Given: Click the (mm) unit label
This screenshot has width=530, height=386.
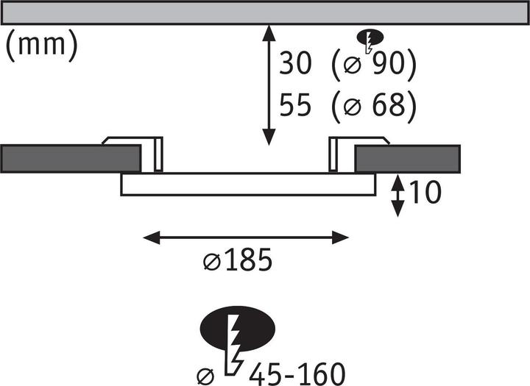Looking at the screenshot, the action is pyautogui.click(x=42, y=46).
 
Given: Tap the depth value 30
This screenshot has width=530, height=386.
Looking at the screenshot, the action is pyautogui.click(x=294, y=63).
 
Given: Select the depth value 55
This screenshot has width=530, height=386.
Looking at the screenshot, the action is pyautogui.click(x=294, y=105).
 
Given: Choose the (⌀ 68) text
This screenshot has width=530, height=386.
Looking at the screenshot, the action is pyautogui.click(x=374, y=107).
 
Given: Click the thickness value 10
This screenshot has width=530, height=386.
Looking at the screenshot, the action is pyautogui.click(x=425, y=192).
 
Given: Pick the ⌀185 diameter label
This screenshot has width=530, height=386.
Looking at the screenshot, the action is pyautogui.click(x=238, y=260).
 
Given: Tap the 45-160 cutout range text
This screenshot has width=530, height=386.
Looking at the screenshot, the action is pyautogui.click(x=297, y=374).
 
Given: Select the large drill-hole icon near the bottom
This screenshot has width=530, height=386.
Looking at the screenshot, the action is pyautogui.click(x=237, y=340).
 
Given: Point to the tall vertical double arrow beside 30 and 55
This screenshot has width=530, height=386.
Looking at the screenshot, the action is pyautogui.click(x=269, y=85).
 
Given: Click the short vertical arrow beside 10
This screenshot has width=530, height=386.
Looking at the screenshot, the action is pyautogui.click(x=397, y=195).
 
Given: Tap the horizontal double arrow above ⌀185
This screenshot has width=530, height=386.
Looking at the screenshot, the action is pyautogui.click(x=246, y=237).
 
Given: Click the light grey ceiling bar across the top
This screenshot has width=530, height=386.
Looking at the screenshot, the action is pyautogui.click(x=265, y=12).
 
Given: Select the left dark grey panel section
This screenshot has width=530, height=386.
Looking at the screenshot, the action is pyautogui.click(x=71, y=159).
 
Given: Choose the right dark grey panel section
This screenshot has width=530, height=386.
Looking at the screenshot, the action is pyautogui.click(x=407, y=159).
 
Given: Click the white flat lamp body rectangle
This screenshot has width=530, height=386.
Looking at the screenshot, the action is pyautogui.click(x=248, y=185).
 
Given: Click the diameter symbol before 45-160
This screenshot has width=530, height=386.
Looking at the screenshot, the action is pyautogui.click(x=205, y=376).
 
